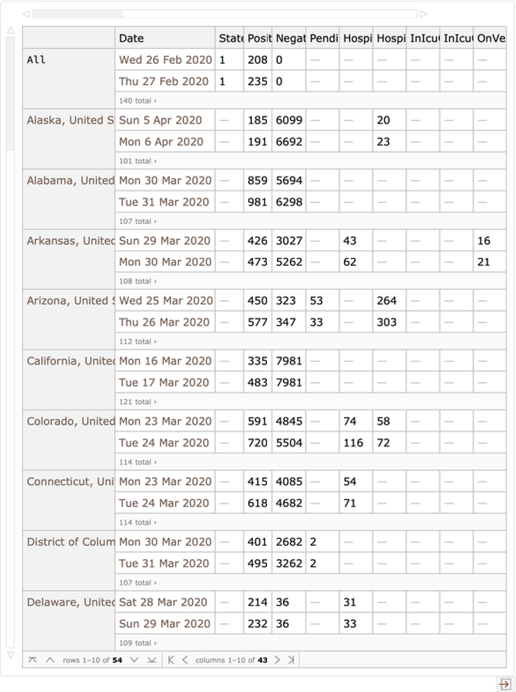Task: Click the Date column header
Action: click(x=131, y=38)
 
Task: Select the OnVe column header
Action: click(x=490, y=38)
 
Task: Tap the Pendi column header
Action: click(x=324, y=38)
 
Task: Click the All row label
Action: click(x=36, y=60)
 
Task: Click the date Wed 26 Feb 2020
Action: click(x=165, y=60)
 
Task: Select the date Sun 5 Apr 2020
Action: click(x=160, y=120)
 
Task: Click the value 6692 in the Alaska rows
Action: click(x=289, y=142)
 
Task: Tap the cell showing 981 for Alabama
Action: click(x=257, y=202)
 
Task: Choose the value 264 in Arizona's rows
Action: click(x=387, y=301)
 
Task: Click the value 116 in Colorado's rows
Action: click(x=353, y=443)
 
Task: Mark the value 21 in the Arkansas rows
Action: click(x=483, y=262)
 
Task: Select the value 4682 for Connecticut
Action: click(x=289, y=503)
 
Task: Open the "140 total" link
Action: click(x=137, y=101)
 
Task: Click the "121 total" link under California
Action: click(x=137, y=402)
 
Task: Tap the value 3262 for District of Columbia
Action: click(x=289, y=563)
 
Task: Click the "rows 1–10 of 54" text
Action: click(x=92, y=660)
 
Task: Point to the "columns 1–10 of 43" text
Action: click(x=231, y=660)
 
